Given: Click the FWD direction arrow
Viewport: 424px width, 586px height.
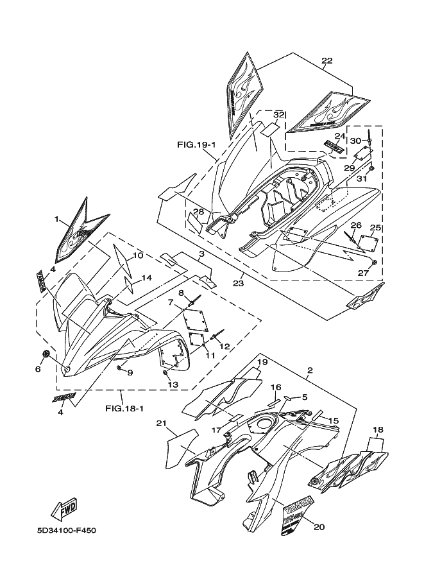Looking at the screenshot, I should pos(66,509).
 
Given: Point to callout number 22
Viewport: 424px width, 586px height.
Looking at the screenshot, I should pos(326,61).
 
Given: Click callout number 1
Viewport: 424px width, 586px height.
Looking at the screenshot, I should pos(57,220).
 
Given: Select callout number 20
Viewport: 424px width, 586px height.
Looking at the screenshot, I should pos(319,526).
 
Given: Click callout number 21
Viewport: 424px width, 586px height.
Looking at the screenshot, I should pos(161,423).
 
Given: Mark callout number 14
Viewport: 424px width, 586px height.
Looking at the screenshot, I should pos(147,278).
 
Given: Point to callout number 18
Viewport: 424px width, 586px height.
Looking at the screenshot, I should pos(378,429).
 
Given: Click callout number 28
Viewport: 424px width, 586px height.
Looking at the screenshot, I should pos(198,212).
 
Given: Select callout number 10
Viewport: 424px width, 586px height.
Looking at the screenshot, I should pos(138,255).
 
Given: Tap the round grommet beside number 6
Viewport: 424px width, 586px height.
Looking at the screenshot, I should pos(46,355).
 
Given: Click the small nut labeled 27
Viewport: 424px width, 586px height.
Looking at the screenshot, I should pos(374,263).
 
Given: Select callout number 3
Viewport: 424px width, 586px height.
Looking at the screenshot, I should pos(201,254).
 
